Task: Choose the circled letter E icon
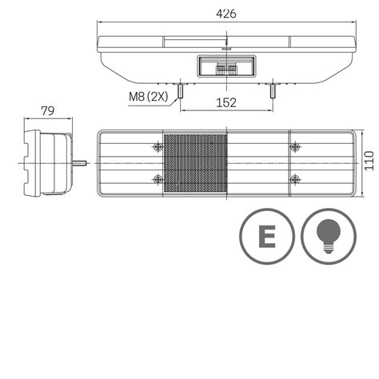(x=268, y=237)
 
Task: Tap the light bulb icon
(x=327, y=237)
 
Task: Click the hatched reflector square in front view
(x=195, y=162)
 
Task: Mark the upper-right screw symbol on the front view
(x=296, y=146)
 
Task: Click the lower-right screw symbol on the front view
(x=296, y=178)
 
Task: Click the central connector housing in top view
(x=227, y=67)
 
